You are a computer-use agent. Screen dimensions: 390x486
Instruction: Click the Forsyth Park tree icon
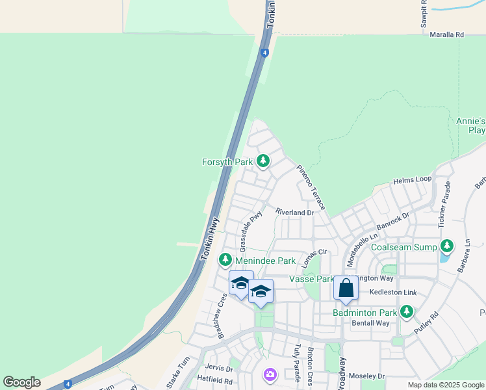tap(263, 161)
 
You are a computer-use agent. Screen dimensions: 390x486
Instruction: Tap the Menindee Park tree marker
tap(225, 260)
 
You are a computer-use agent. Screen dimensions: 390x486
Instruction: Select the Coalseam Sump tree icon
tap(446, 246)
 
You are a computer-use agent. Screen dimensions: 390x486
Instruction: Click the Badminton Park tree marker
tap(407, 312)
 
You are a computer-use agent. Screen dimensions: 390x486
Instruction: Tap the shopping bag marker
tap(346, 288)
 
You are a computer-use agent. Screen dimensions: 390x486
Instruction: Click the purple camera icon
tap(270, 374)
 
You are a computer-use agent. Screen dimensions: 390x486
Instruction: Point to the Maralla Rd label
tap(447, 34)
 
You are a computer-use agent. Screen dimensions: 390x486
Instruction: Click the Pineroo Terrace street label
tap(311, 187)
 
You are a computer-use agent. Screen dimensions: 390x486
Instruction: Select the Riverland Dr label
tap(294, 212)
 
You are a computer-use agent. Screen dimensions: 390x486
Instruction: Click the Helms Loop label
tap(412, 179)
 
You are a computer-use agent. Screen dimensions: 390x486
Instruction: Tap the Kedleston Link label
tap(392, 292)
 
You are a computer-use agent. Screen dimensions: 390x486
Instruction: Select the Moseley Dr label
tap(367, 376)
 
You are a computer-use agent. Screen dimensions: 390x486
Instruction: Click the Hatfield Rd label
tap(215, 380)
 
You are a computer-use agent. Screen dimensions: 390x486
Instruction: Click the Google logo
tap(21, 382)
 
